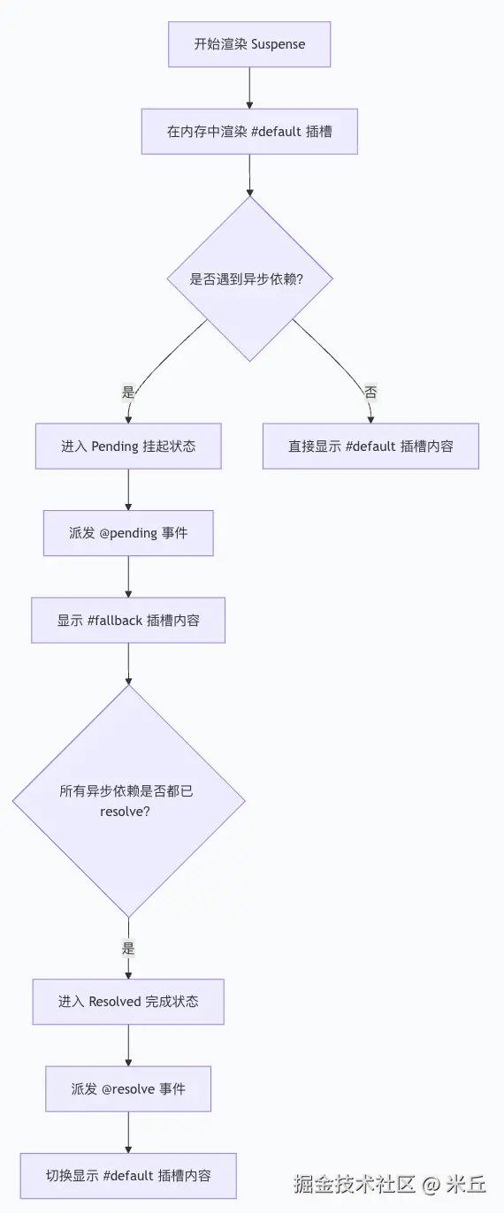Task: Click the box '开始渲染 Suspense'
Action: tap(249, 44)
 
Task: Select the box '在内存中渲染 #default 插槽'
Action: tap(249, 132)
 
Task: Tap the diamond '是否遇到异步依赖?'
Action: tap(249, 278)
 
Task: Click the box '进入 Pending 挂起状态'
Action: tap(128, 446)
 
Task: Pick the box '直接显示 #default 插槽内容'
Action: tap(370, 446)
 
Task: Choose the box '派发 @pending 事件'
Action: tap(128, 533)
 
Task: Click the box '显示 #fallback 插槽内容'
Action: tap(128, 620)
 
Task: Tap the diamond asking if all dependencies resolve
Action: tap(129, 801)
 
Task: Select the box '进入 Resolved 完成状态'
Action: tap(128, 1002)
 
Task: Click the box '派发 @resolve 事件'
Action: tap(128, 1089)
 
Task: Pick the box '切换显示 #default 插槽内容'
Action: tap(128, 1176)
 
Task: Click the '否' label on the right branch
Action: tap(370, 392)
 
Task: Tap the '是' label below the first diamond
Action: tap(127, 392)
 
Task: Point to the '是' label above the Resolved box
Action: tap(128, 948)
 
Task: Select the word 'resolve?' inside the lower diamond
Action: tap(125, 812)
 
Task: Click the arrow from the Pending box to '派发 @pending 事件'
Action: tap(128, 490)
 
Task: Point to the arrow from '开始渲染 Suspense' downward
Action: tap(249, 88)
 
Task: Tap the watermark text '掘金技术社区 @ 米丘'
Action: tap(390, 1184)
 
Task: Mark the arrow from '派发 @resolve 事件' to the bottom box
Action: tap(128, 1133)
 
